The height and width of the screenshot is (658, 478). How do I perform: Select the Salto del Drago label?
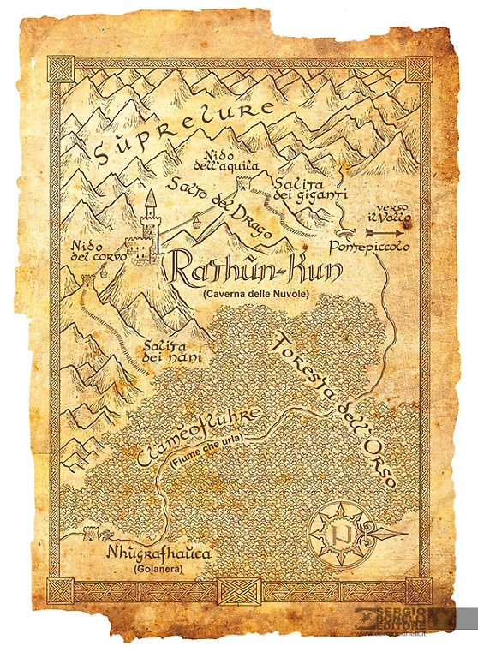click(x=218, y=206)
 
